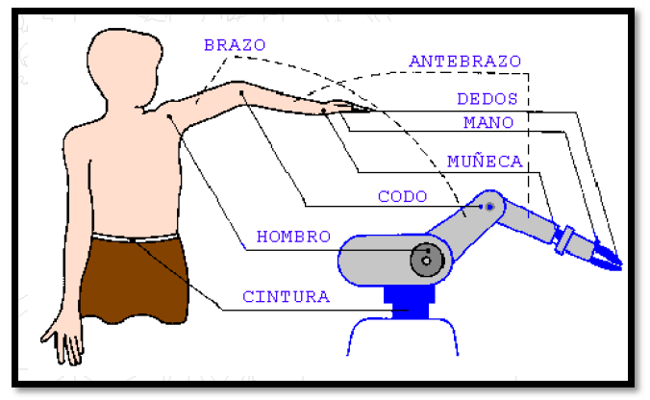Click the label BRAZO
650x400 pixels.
(x=234, y=44)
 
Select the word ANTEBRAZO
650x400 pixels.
(x=464, y=61)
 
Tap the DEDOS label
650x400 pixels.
(x=487, y=98)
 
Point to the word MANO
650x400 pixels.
(x=487, y=122)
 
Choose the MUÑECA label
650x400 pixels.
(x=485, y=161)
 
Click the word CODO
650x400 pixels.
(x=402, y=196)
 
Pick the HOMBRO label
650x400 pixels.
(x=293, y=237)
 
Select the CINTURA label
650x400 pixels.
(x=286, y=296)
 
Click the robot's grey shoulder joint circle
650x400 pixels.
(x=423, y=259)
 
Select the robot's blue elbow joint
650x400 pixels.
(x=489, y=206)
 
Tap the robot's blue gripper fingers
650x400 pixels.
(x=607, y=256)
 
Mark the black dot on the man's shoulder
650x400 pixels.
(x=169, y=116)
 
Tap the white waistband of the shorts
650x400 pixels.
(x=135, y=237)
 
